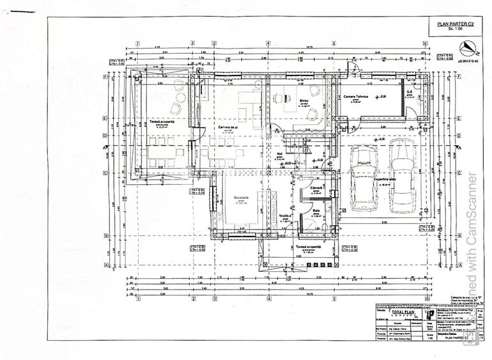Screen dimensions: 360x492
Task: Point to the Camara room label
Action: pos(315,187)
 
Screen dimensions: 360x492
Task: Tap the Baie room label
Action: pos(316,210)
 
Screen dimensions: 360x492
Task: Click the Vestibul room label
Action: pos(286,217)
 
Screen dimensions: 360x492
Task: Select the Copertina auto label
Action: pos(386,180)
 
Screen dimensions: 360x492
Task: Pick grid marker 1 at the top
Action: pos(137,43)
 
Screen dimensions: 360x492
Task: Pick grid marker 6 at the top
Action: pos(425,43)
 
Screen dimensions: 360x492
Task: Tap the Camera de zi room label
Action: pos(227,128)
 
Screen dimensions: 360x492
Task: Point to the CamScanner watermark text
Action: pos(472,256)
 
